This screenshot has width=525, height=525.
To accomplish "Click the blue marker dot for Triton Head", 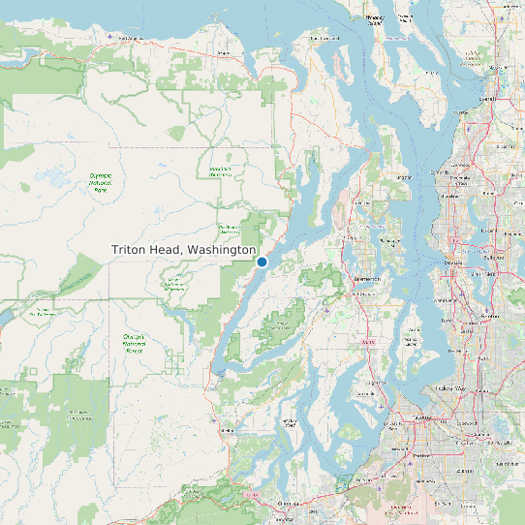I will pos(262,262).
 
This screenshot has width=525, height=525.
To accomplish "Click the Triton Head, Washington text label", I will pos(183,250).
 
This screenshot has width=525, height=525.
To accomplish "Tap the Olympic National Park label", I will pos(100,181).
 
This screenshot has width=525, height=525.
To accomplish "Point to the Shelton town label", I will pos(229,430).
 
